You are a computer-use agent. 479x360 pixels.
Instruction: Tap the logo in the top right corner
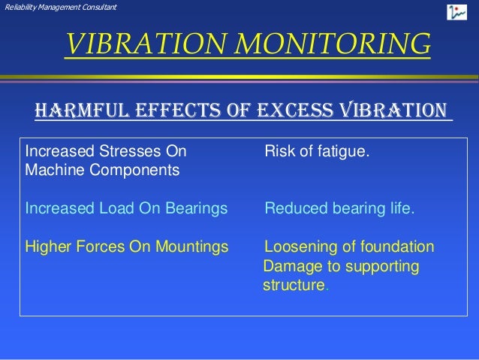pyautogui.click(x=456, y=12)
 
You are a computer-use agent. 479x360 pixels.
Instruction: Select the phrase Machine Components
pyautogui.click(x=102, y=170)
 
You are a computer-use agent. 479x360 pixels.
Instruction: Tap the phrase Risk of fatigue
pyautogui.click(x=317, y=152)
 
